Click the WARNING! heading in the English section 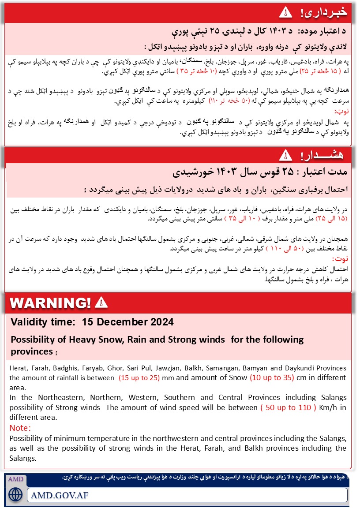[x=51, y=303]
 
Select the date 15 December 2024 [x=128, y=322]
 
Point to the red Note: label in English [x=20, y=428]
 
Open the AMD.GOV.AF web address [x=59, y=494]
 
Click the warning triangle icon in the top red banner [x=286, y=12]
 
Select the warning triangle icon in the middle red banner [x=286, y=155]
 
